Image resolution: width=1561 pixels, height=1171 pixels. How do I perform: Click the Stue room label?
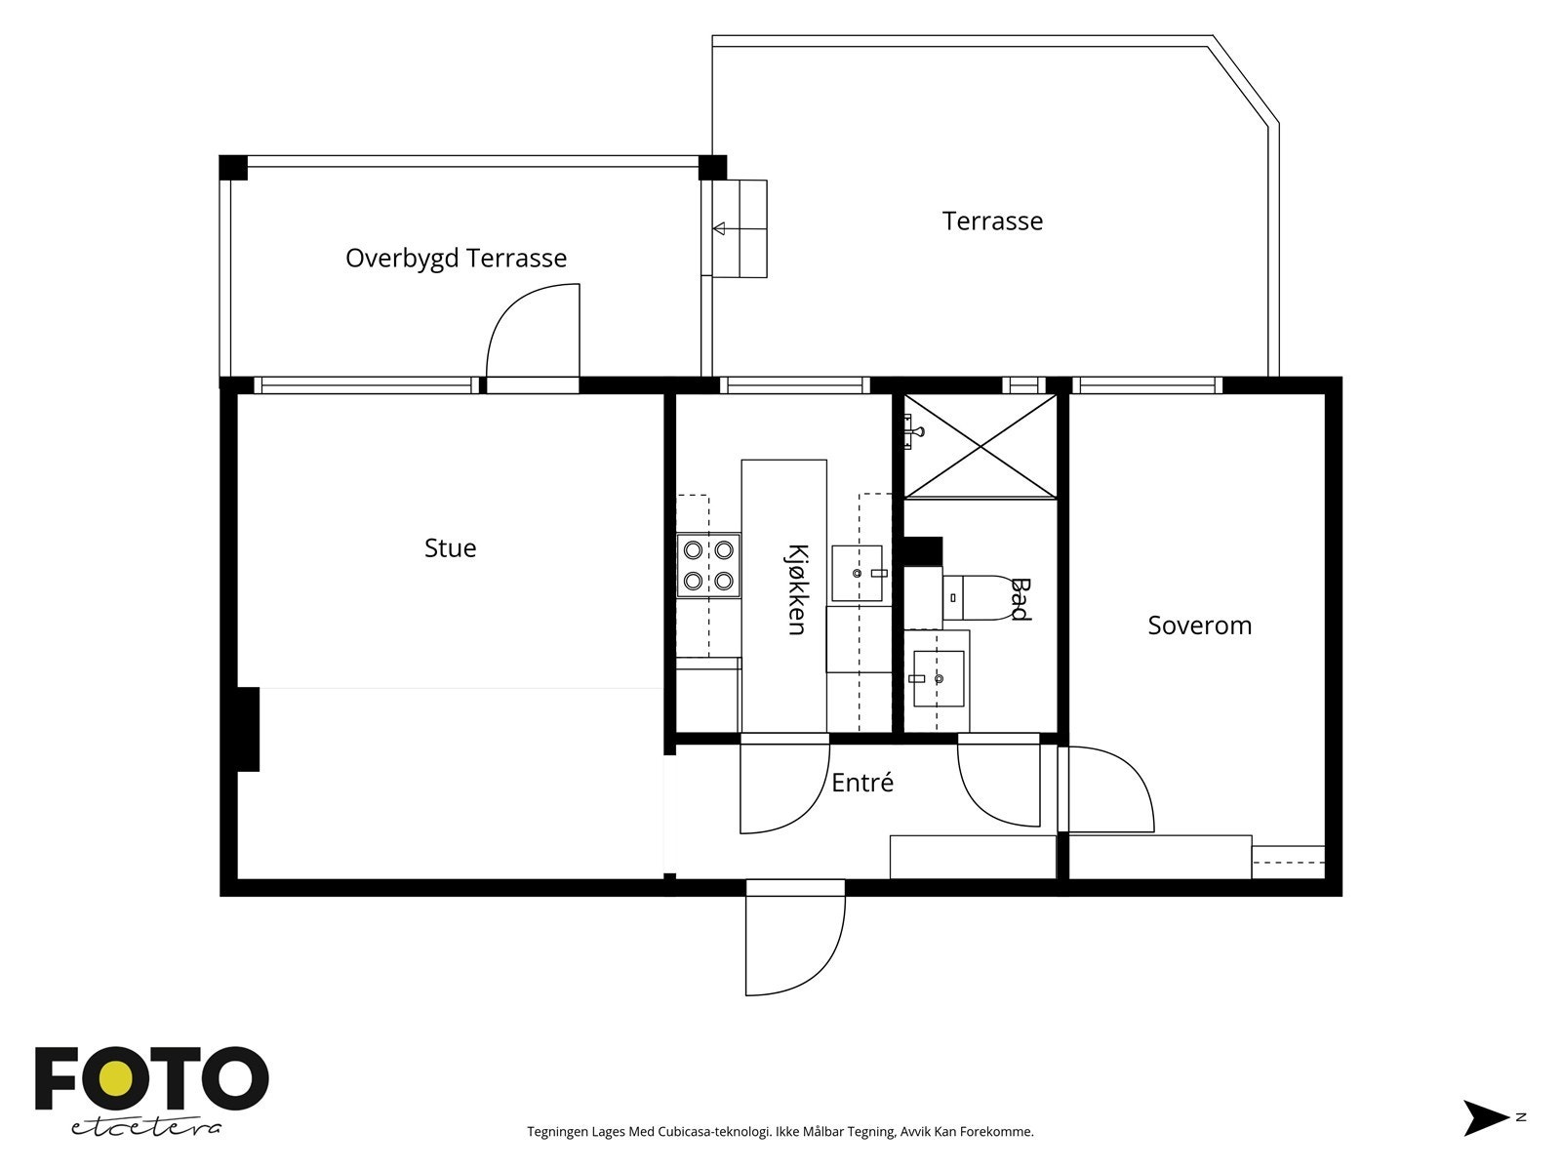point(450,547)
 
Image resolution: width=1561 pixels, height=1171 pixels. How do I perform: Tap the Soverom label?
point(1199,625)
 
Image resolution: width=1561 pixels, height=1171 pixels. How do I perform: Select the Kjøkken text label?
point(798,589)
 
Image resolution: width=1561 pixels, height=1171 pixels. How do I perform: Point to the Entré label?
point(861,782)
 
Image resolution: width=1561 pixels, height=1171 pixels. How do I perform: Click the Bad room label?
point(1021,599)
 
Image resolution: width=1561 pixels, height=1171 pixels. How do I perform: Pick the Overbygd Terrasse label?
point(456,258)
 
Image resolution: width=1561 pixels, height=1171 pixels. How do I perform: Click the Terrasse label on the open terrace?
point(992,222)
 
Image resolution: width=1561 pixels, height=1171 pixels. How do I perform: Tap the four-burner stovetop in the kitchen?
point(708,566)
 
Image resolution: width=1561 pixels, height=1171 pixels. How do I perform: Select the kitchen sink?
point(857,574)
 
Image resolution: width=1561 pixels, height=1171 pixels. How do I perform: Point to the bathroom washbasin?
point(939,679)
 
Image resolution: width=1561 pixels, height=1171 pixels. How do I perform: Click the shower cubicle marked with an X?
point(980,447)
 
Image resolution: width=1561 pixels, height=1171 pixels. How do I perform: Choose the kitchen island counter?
point(783,596)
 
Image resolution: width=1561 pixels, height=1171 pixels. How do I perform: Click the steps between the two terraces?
point(740,229)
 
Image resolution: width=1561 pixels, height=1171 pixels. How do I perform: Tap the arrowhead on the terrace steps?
point(719,229)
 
